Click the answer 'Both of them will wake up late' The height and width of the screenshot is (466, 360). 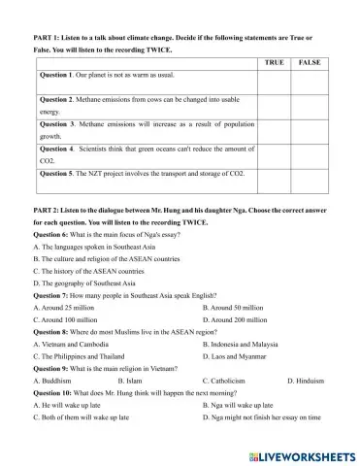(77, 418)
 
